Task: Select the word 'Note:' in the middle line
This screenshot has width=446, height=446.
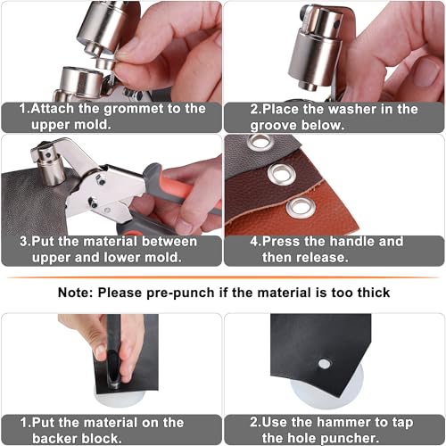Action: (78, 292)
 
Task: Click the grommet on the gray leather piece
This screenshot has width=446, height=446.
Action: (260, 143)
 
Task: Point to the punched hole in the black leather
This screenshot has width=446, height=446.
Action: (325, 363)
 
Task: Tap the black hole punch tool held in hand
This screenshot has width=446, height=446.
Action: (113, 352)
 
